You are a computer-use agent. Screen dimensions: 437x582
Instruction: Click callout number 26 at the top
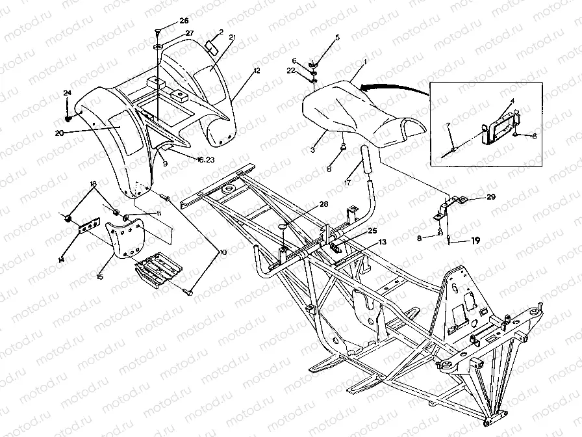tap(166, 21)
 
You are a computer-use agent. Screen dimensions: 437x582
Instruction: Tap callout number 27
tap(171, 33)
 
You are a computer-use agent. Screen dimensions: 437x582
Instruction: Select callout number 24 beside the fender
tap(67, 94)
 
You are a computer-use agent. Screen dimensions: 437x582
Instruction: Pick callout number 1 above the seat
tap(365, 60)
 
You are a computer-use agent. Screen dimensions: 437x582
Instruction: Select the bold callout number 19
tap(476, 241)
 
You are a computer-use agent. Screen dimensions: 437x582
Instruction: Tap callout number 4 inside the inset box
tap(512, 102)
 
